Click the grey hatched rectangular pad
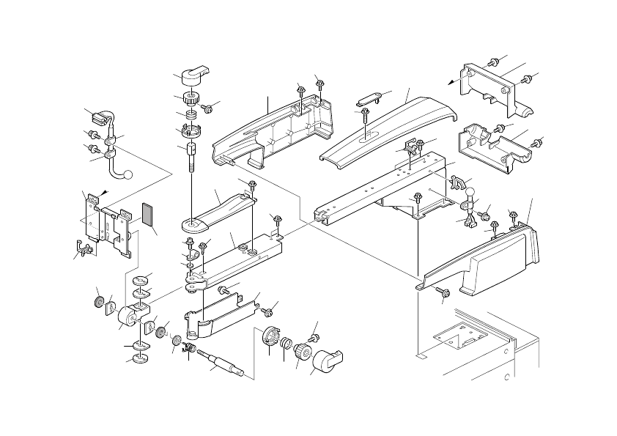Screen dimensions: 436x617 (x=148, y=216)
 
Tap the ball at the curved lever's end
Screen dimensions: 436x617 (x=129, y=175)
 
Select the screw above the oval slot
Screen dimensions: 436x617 (x=365, y=113)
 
